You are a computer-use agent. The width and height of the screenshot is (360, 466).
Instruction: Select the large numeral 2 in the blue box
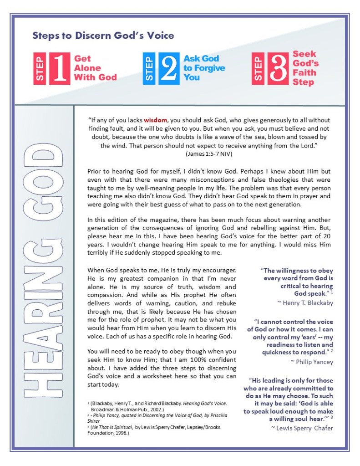tap(169, 69)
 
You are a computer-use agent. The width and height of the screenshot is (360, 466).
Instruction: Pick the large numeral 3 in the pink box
tap(278, 69)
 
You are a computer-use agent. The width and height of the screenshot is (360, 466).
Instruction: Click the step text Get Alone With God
tap(95, 68)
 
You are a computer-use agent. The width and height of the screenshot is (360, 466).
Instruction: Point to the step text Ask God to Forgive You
tap(204, 68)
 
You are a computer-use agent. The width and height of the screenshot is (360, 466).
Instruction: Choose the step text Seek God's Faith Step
tap(306, 68)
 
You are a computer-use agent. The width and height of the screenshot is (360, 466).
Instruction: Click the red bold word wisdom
tap(156, 120)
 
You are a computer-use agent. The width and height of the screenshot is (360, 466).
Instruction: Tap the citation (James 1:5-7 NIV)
tap(209, 154)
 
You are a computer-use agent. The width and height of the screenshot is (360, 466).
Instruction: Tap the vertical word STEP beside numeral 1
tap(40, 69)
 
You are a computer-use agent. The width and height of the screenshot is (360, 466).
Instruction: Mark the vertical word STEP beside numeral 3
tap(258, 69)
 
